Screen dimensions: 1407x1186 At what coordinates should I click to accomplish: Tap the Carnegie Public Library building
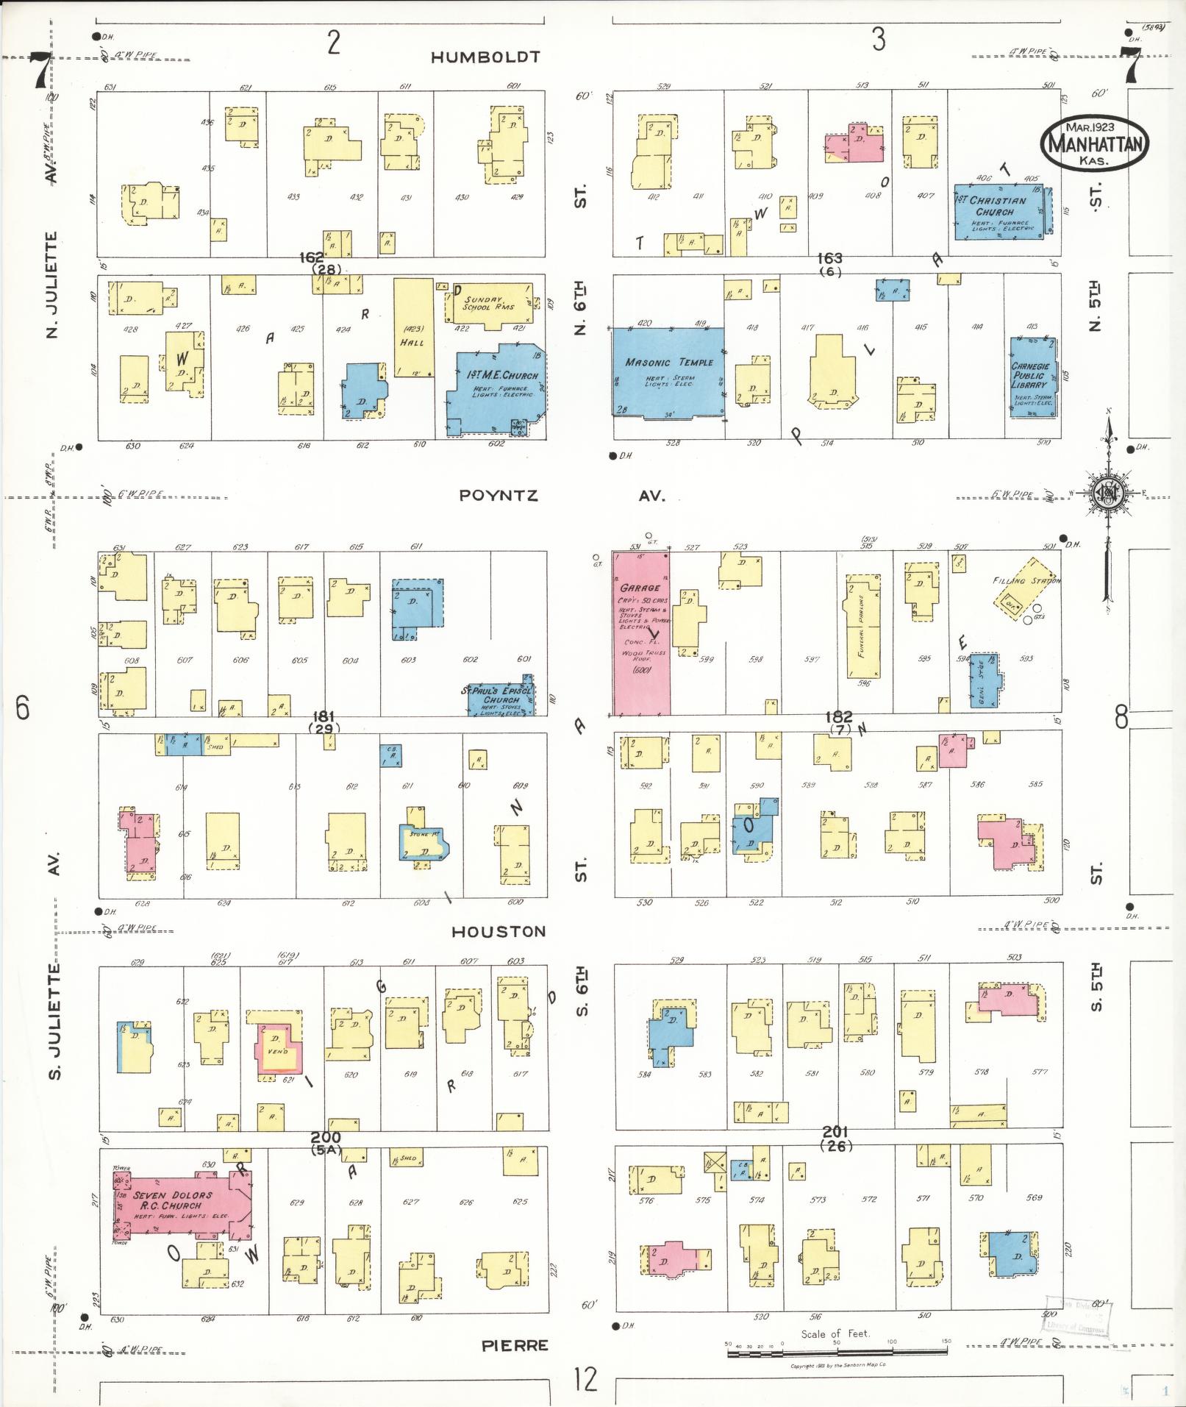(1032, 377)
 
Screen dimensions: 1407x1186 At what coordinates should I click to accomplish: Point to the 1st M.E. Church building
(496, 390)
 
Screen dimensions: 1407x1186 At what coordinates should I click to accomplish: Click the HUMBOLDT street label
(485, 57)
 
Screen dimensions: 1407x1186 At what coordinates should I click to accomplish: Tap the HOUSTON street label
(498, 932)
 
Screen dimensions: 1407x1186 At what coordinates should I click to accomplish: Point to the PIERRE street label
(515, 1346)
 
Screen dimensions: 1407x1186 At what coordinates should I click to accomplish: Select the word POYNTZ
(499, 496)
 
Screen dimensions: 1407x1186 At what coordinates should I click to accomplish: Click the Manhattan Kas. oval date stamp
(1093, 143)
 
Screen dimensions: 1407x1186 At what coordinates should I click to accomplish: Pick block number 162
(312, 257)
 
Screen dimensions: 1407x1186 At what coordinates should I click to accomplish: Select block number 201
(836, 1131)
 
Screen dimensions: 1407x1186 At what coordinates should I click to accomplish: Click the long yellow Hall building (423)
(412, 327)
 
